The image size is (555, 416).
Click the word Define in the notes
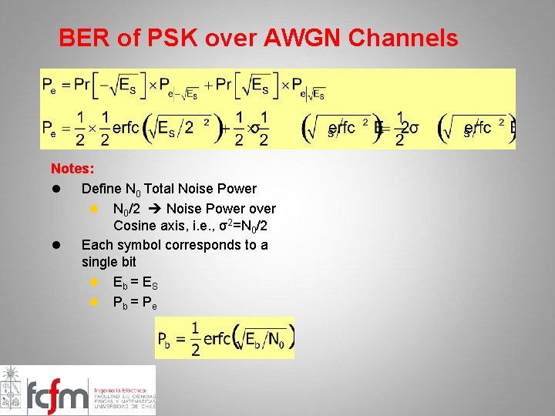(x=101, y=188)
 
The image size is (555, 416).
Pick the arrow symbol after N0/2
(x=153, y=208)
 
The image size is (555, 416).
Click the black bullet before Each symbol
(x=56, y=245)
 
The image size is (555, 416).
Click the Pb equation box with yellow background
(x=224, y=337)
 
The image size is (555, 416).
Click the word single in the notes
(x=101, y=263)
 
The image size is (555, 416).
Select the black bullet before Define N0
(x=56, y=188)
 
